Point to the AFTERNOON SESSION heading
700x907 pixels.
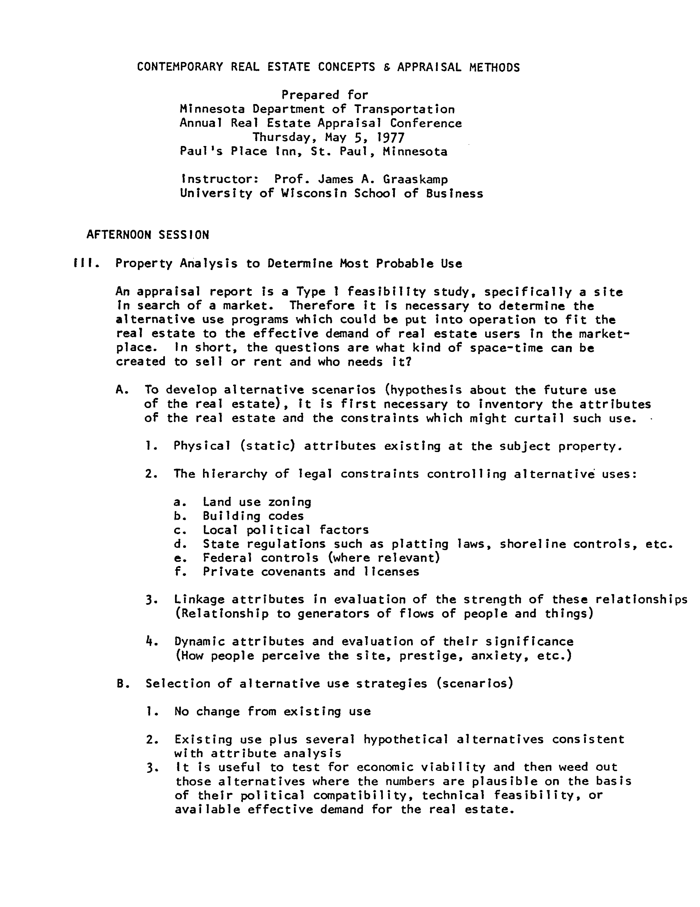coord(147,235)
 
